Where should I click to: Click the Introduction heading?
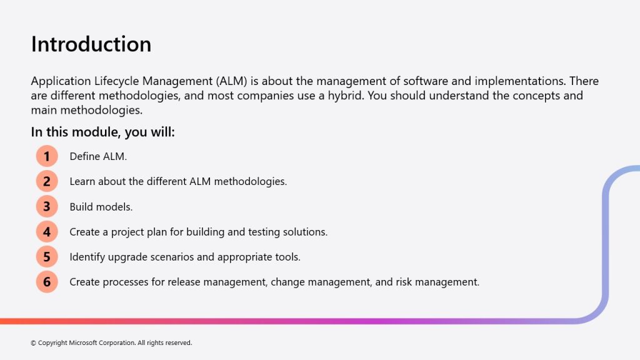point(91,44)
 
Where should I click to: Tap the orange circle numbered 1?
point(47,156)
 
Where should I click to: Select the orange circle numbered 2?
point(47,181)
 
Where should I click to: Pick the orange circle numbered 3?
point(47,206)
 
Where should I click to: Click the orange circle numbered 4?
point(47,232)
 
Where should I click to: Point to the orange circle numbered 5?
point(47,257)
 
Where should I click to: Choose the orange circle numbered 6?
point(47,282)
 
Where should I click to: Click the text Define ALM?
point(98,156)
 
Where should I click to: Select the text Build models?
point(101,207)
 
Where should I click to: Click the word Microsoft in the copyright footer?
point(83,343)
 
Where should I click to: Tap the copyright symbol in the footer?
point(33,343)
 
